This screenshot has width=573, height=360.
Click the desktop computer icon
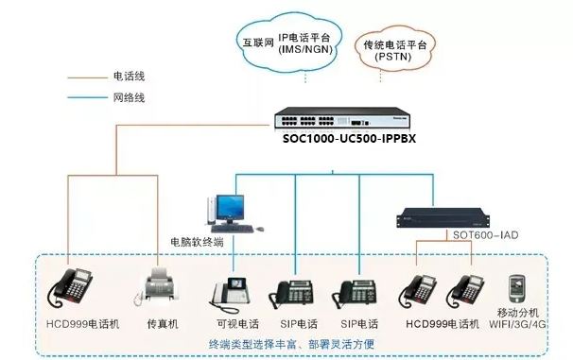[x=226, y=212]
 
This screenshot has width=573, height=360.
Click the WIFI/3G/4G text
[x=522, y=323]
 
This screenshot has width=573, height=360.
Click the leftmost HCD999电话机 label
[x=83, y=323]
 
